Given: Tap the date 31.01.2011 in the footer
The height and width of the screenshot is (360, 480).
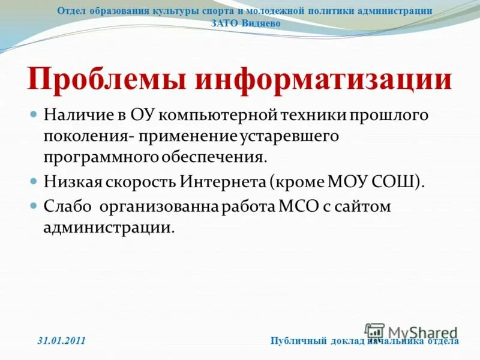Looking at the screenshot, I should (61, 341).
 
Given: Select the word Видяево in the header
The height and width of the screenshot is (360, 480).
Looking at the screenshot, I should (261, 23).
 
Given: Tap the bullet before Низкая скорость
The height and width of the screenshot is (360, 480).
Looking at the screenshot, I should (34, 180).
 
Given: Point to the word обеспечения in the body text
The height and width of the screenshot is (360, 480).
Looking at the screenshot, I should (215, 157).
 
